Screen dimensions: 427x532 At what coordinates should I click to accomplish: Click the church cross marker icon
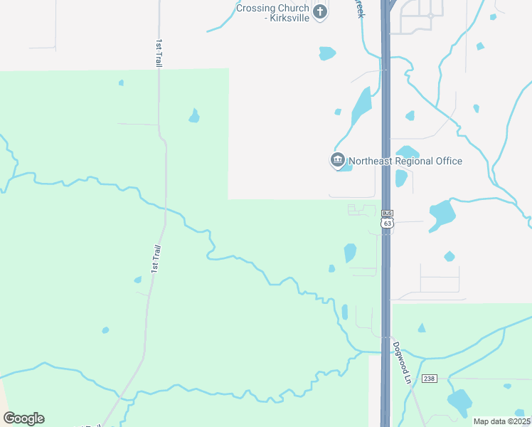click(320, 12)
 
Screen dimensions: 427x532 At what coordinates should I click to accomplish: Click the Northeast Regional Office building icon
click(337, 160)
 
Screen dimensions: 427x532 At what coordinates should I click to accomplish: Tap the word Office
click(449, 161)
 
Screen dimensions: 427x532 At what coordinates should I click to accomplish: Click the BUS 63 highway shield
click(386, 218)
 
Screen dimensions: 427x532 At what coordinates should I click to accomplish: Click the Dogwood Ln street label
click(403, 363)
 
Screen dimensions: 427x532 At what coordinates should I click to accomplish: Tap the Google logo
click(23, 418)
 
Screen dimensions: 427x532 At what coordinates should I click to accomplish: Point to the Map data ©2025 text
click(501, 421)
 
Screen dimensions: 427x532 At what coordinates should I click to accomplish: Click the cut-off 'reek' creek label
click(360, 9)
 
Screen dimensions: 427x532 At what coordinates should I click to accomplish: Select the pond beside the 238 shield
click(459, 402)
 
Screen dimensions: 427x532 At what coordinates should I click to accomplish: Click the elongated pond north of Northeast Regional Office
click(362, 106)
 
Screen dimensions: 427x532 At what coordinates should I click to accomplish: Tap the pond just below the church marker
click(327, 53)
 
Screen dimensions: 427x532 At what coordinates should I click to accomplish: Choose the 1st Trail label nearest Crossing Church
click(159, 53)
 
